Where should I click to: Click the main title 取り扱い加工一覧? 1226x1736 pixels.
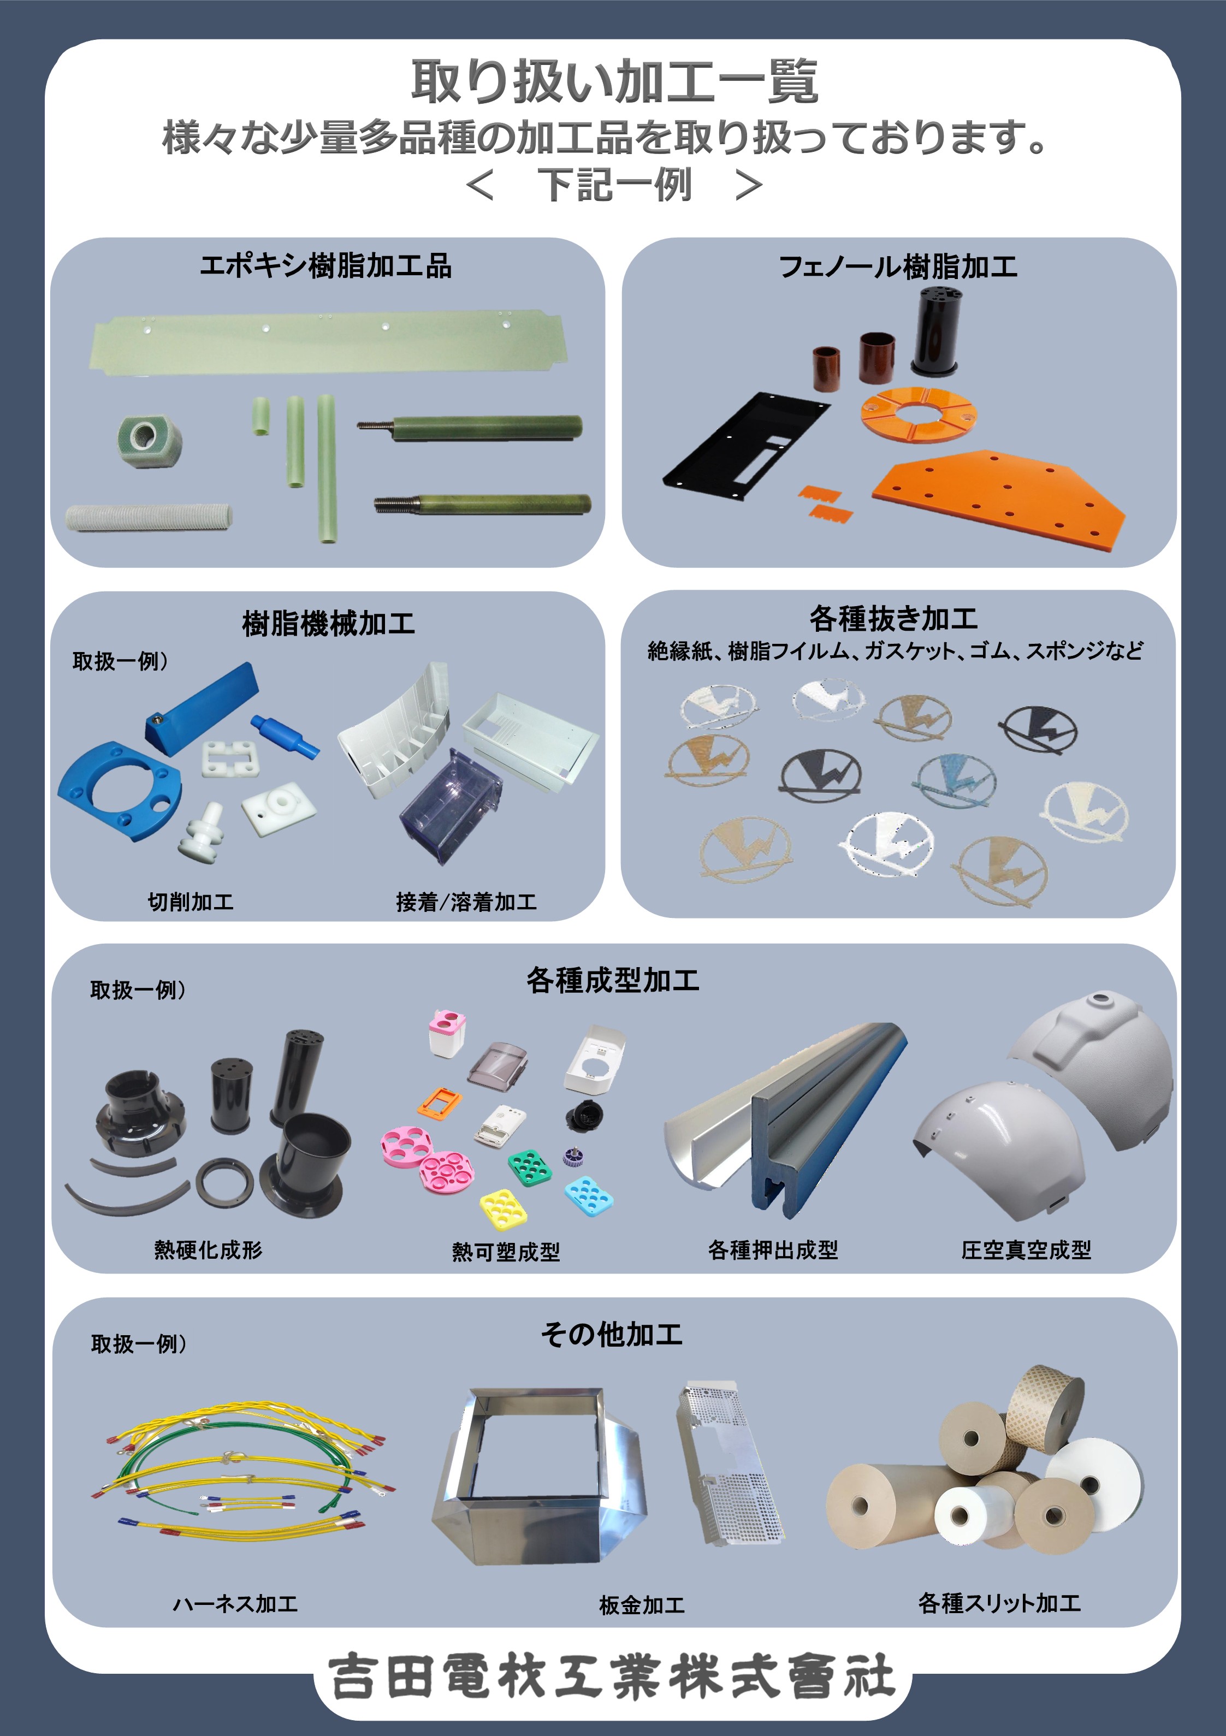coord(614,82)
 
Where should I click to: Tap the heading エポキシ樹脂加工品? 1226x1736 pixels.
coord(326,266)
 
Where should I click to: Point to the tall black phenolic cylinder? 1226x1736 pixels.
coord(935,331)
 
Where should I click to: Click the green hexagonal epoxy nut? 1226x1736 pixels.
coord(150,439)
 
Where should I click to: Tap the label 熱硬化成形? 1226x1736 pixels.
coord(208,1250)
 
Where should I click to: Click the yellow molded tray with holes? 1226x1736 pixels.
coord(503,1207)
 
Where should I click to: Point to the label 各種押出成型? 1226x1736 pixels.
coord(773,1250)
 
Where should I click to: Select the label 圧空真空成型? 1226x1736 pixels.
coord(1026,1250)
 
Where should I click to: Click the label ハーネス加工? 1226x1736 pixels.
coord(235,1604)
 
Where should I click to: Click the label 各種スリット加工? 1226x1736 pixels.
coord(999,1603)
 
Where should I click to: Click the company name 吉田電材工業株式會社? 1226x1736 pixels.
coord(613,1676)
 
